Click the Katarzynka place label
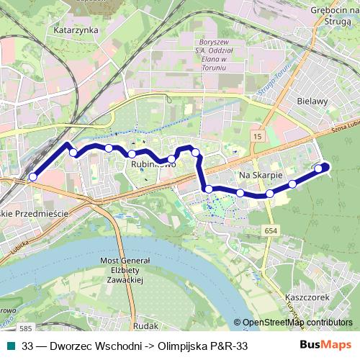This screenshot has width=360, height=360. [x=71, y=31]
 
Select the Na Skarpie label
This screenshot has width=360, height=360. [x=259, y=174]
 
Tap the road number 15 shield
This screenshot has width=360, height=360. [x=257, y=135]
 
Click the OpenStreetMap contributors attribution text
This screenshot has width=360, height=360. [x=297, y=323]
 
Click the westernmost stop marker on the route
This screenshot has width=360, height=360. [x=32, y=176]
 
